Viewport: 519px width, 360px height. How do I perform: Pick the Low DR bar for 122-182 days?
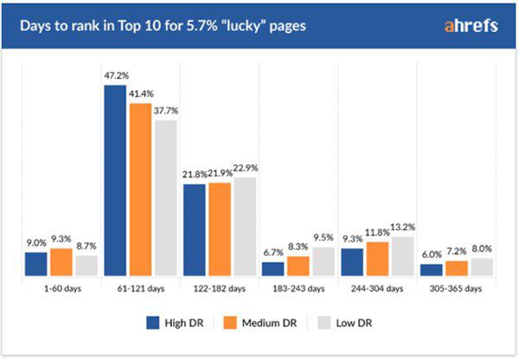[x=246, y=227]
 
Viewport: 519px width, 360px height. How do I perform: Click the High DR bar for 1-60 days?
[x=35, y=264]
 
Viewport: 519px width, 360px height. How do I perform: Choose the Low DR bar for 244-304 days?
[x=403, y=256]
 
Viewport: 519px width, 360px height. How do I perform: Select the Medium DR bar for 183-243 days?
[x=298, y=267]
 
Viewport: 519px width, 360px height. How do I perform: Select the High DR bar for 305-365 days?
[x=431, y=270]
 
